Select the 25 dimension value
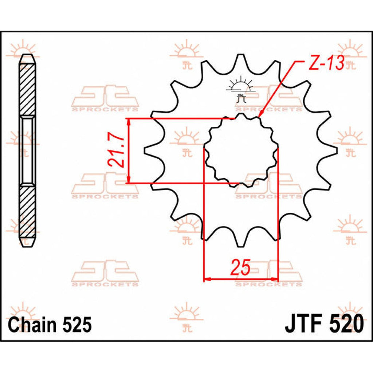point(240,268)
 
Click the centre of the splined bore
point(240,151)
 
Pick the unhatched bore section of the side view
point(28,151)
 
